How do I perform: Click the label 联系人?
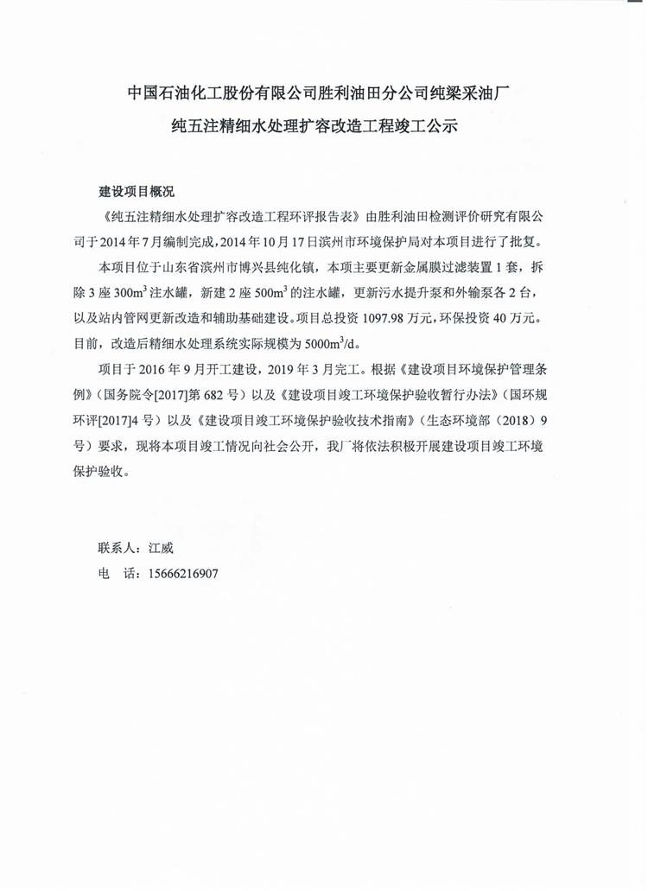pos(117,548)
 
